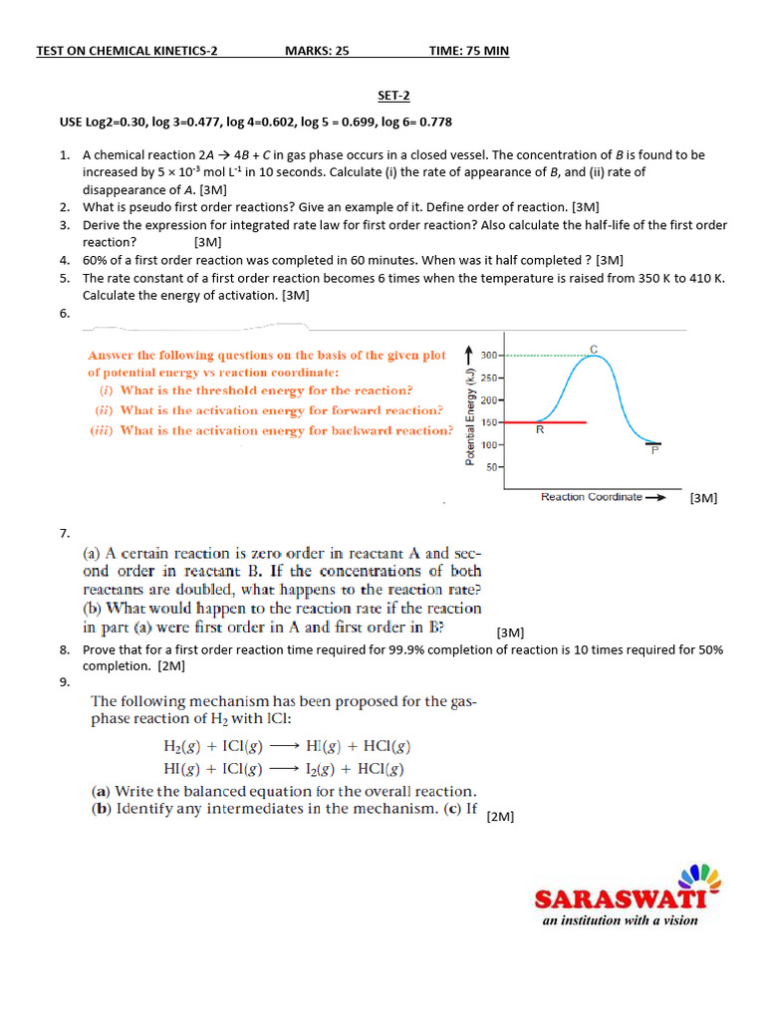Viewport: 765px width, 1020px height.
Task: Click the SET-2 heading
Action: pyautogui.click(x=393, y=96)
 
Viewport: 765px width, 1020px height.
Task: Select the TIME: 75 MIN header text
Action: pyautogui.click(x=468, y=51)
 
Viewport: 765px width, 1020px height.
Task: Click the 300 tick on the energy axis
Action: pyautogui.click(x=489, y=355)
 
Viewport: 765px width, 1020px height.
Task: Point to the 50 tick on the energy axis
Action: pyautogui.click(x=492, y=466)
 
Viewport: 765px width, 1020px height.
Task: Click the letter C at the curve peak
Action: pyautogui.click(x=595, y=348)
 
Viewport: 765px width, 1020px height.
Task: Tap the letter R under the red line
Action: pyautogui.click(x=539, y=431)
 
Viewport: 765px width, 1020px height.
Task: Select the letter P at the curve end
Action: pyautogui.click(x=654, y=450)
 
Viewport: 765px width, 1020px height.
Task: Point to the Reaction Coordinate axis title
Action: pyautogui.click(x=591, y=497)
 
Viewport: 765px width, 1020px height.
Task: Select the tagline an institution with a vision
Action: pyautogui.click(x=620, y=920)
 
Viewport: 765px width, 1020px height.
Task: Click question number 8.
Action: pyautogui.click(x=64, y=649)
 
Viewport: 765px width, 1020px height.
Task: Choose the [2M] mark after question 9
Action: pyautogui.click(x=500, y=817)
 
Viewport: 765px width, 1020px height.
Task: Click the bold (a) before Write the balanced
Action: pyautogui.click(x=101, y=792)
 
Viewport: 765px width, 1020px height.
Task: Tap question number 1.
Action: pyautogui.click(x=64, y=155)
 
